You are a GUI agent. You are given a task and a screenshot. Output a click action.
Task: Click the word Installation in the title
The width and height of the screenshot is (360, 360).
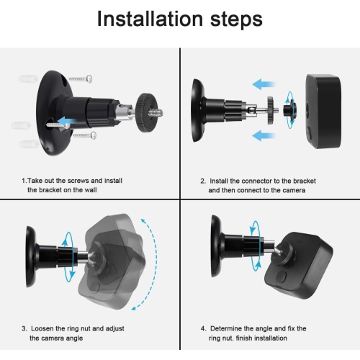click(150, 19)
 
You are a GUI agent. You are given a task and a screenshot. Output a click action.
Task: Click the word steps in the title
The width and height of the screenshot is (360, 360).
click(236, 19)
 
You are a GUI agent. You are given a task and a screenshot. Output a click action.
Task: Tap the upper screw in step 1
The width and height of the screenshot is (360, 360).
click(81, 78)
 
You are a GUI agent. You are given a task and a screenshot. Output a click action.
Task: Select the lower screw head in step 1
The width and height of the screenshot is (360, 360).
click(94, 135)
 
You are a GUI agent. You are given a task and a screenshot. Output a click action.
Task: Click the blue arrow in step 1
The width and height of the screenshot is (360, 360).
click(64, 121)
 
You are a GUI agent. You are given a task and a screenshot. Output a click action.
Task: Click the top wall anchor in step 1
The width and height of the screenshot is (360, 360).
click(28, 78)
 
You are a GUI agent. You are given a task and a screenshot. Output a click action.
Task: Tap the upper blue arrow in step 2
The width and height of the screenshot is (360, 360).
click(264, 84)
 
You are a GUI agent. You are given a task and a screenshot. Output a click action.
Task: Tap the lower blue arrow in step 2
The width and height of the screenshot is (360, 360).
click(264, 135)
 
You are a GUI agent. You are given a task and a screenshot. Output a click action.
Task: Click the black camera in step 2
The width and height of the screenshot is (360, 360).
click(323, 111)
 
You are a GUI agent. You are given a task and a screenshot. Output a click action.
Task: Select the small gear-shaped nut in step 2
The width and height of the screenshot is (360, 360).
click(271, 110)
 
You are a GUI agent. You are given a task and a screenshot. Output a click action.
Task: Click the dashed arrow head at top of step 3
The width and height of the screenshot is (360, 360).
click(143, 221)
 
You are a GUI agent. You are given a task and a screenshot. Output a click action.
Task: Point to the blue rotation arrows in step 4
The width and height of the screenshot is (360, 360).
click(256, 246)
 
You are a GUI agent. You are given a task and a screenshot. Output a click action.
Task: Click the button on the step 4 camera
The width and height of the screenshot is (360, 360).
click(281, 276)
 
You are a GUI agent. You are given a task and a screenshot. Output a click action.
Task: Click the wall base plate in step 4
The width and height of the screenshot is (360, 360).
click(216, 246)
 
